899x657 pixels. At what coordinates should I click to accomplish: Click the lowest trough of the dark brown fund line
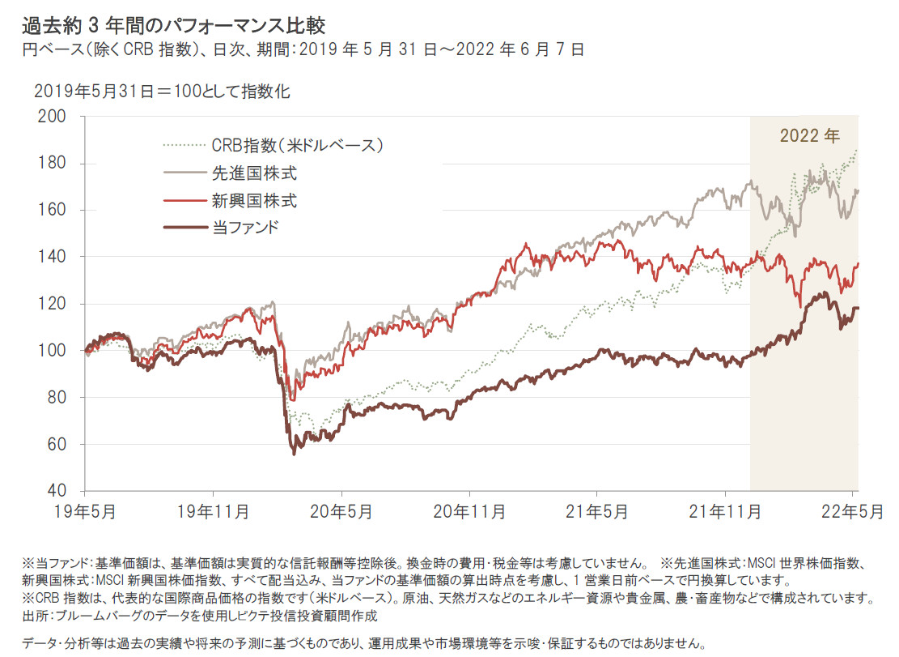(294, 453)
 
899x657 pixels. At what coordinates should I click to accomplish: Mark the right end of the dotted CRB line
(857, 150)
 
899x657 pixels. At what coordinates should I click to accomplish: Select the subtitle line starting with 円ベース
(303, 49)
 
